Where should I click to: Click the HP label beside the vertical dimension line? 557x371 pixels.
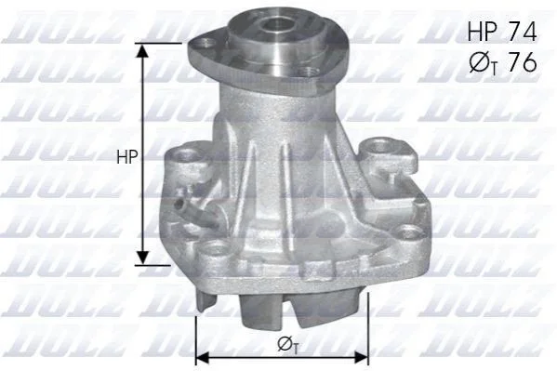126,156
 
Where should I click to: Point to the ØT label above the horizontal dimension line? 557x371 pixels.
287,344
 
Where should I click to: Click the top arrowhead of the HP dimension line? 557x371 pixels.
143,50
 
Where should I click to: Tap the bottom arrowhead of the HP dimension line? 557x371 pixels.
143,258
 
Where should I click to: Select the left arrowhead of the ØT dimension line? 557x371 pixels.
203,359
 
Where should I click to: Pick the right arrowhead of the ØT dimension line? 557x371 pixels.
361,359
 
